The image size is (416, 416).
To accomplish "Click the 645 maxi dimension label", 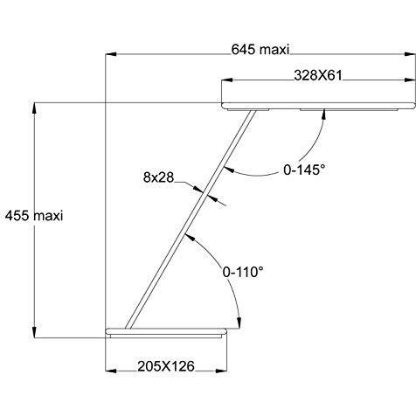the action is coord(260,50).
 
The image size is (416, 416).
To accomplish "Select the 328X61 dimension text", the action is coord(318,76).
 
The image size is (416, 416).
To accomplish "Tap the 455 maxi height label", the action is coord(34,216).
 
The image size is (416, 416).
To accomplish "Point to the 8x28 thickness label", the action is coord(158,177).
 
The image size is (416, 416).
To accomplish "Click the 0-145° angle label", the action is coord(304,170).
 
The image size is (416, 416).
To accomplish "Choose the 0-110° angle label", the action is coord(243,272).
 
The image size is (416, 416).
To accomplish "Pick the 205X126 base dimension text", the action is coord(166,366).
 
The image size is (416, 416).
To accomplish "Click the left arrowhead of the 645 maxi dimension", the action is coord(111,54).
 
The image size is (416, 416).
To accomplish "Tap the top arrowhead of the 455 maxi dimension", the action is coord(34,108).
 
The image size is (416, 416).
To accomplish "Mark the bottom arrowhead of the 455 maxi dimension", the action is coord(34,332).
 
